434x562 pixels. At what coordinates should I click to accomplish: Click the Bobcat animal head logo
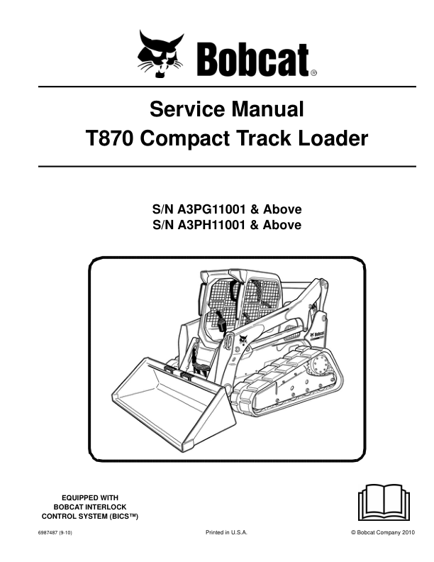160,54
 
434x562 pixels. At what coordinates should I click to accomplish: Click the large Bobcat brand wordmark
252,60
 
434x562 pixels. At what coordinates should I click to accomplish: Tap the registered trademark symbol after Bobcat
313,73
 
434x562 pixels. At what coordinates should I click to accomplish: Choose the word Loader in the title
333,138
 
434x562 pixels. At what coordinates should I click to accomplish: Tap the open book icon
384,502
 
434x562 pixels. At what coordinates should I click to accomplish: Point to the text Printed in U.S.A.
227,532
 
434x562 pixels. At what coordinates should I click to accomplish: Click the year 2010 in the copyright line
408,532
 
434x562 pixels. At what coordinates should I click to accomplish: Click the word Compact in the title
187,138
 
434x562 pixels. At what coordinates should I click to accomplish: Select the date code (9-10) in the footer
65,533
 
